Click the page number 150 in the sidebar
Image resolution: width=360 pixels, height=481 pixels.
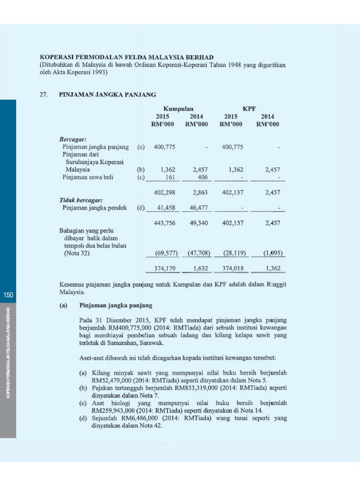[x=7, y=295]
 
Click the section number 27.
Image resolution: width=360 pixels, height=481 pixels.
[x=44, y=95]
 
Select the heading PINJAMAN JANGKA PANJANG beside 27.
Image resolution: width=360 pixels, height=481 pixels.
[x=107, y=95]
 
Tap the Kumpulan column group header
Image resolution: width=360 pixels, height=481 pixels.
[x=178, y=108]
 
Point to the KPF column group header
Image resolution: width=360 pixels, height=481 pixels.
[x=249, y=108]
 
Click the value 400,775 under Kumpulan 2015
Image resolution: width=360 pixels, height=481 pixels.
[x=165, y=147]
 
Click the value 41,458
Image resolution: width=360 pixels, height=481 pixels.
[x=165, y=208]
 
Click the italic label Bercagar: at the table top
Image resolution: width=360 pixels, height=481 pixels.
[x=73, y=139]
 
